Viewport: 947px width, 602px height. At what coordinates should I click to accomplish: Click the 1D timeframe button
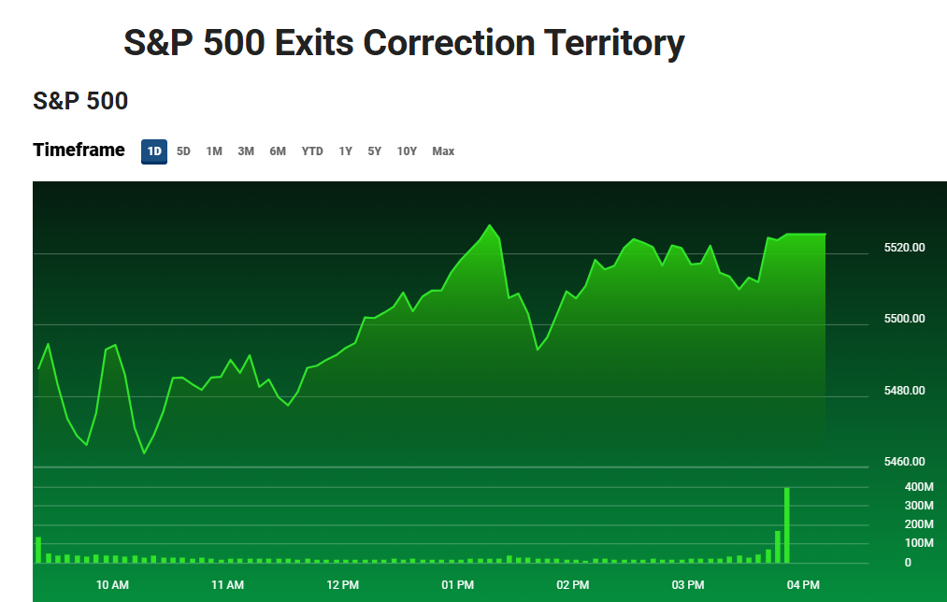(154, 151)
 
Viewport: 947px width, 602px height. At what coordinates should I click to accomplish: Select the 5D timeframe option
(183, 151)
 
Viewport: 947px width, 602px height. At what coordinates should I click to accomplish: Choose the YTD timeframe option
(312, 151)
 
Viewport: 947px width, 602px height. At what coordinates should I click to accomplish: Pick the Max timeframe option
(443, 151)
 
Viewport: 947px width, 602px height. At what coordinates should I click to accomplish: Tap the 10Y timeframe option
(407, 151)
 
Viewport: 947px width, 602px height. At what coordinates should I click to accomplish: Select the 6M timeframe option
(278, 151)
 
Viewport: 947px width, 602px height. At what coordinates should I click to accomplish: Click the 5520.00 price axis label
(904, 248)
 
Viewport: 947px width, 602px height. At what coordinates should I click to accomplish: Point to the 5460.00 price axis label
(904, 462)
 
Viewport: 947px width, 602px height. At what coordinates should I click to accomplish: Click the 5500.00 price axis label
(904, 319)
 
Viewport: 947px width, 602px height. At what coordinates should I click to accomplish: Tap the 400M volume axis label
(894, 487)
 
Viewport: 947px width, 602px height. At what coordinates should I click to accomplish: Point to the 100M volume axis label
(894, 543)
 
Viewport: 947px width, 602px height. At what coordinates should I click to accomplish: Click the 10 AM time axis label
(112, 585)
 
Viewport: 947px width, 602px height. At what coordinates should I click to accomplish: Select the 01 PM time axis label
(457, 585)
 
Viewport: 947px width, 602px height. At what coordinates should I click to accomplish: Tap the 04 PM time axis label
(803, 585)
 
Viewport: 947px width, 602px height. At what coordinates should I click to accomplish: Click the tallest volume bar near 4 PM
(787, 524)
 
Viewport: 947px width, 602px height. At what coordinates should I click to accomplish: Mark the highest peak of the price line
(489, 225)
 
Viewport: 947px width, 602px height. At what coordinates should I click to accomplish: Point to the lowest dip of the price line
(145, 453)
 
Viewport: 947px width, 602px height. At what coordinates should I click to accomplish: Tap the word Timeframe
(79, 150)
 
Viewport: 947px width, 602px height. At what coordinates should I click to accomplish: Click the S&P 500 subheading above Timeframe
(80, 101)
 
